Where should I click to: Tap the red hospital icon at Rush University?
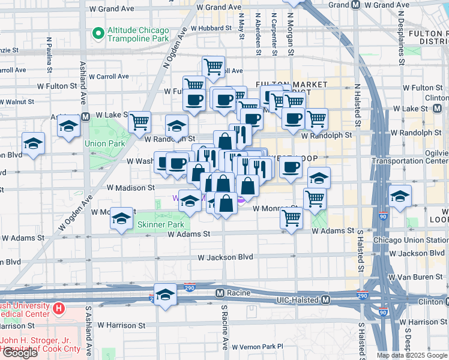click(59, 309)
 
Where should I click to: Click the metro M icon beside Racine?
click(220, 293)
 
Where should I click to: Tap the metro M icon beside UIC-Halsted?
click(325, 299)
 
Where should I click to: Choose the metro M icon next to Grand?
click(355, 5)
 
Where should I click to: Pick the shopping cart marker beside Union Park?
click(139, 122)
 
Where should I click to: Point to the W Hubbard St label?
click(212, 28)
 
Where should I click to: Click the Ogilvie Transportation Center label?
click(409, 156)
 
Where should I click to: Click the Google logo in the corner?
click(20, 353)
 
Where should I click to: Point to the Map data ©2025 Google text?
click(412, 355)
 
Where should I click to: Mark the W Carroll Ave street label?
click(109, 76)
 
